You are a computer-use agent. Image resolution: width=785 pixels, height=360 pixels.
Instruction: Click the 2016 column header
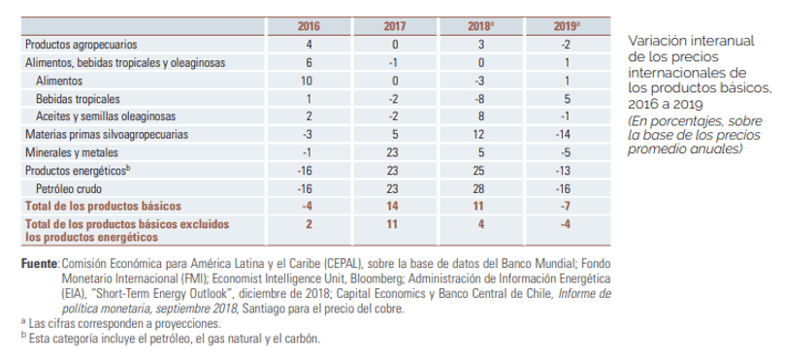[x=309, y=26]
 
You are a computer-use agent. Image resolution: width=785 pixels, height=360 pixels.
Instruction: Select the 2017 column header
[x=395, y=26]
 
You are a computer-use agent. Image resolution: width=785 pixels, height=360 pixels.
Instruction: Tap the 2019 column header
[x=567, y=26]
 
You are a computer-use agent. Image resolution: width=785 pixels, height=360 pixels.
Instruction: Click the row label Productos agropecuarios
[x=82, y=45]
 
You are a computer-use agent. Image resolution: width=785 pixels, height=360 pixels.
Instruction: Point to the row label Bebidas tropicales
[x=78, y=99]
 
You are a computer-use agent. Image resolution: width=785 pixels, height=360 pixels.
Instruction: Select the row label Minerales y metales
[x=72, y=152]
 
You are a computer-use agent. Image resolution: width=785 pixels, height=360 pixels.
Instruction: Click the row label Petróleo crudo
[x=69, y=189]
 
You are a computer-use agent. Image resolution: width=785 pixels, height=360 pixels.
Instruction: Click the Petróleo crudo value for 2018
[x=478, y=189]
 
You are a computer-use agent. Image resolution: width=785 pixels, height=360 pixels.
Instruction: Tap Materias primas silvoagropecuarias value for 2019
[x=565, y=135]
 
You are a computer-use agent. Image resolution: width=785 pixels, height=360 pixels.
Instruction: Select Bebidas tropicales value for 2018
[x=479, y=99]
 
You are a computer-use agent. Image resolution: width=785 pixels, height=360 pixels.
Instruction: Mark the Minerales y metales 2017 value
[x=392, y=152]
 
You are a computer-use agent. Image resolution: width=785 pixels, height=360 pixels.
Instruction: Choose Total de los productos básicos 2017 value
[x=392, y=207]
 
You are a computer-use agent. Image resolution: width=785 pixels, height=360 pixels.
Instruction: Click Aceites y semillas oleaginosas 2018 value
[x=481, y=116]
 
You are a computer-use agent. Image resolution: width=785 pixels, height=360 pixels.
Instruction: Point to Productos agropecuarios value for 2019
[x=565, y=45]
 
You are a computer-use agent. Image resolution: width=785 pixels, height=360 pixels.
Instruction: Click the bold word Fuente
[x=39, y=263]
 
